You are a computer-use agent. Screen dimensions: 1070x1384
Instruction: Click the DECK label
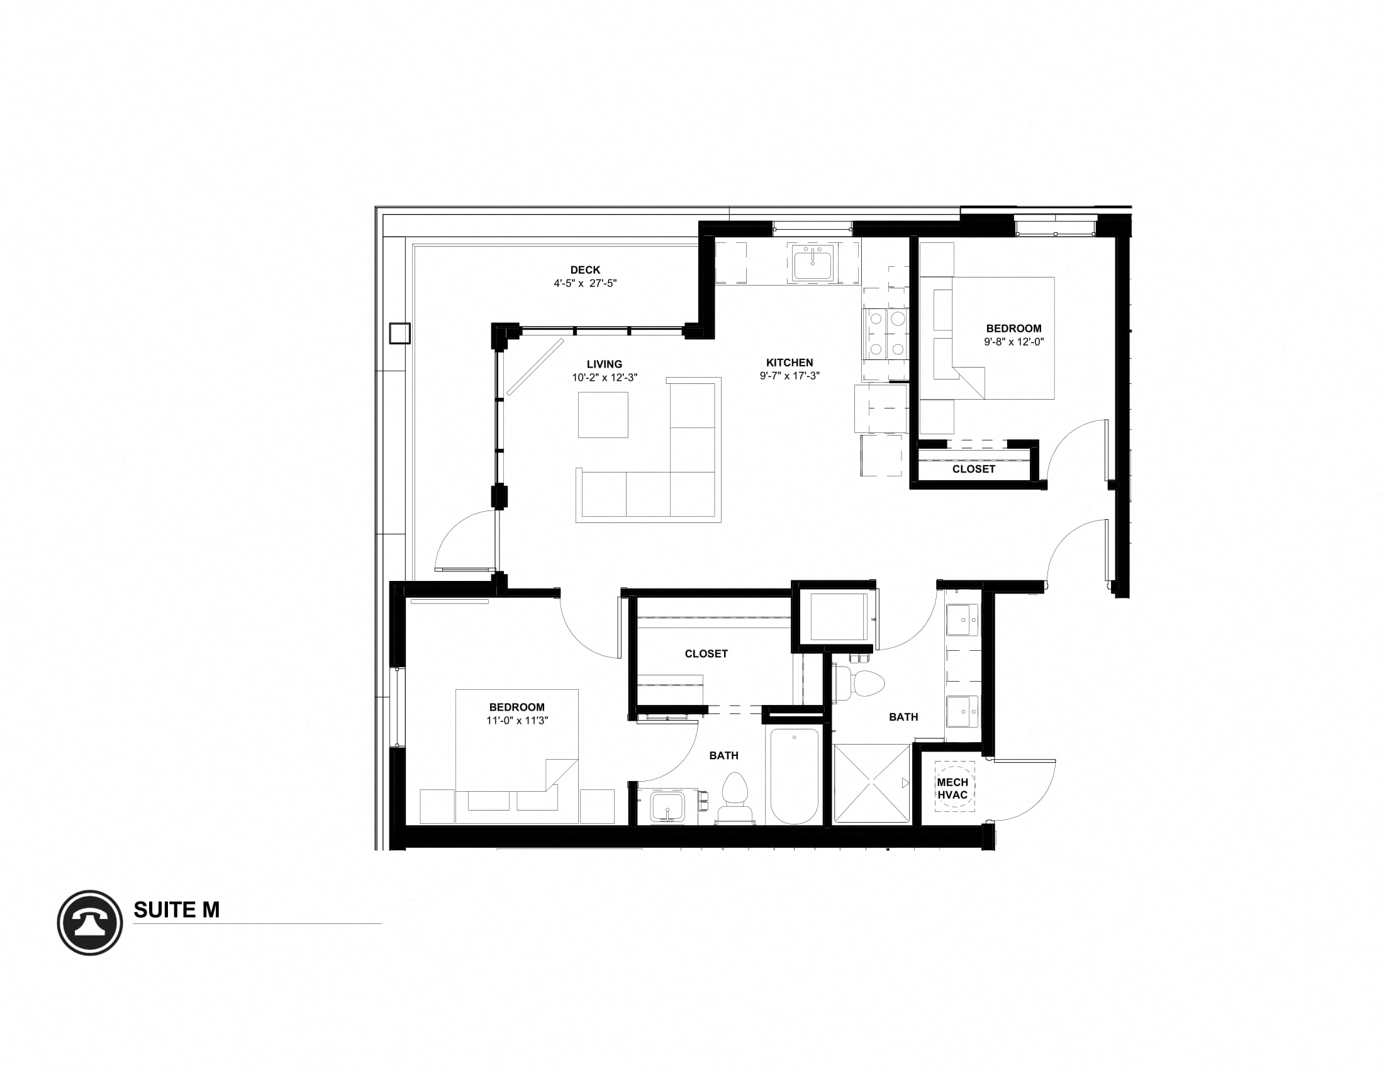(584, 270)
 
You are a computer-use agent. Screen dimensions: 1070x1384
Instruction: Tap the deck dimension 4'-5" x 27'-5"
(584, 283)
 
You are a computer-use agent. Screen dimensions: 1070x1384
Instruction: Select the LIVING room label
(604, 364)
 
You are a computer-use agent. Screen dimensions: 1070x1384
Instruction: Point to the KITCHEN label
(789, 363)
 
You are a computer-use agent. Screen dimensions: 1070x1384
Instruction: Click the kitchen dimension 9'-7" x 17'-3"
(789, 376)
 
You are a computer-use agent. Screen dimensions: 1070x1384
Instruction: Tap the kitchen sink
(812, 262)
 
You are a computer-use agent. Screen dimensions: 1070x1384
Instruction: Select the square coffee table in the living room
(603, 415)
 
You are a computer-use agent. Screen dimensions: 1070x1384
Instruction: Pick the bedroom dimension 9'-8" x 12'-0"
(1013, 342)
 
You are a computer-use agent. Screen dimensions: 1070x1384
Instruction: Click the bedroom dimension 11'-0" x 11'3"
(516, 721)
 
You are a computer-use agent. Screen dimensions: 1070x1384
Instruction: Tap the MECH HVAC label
(952, 789)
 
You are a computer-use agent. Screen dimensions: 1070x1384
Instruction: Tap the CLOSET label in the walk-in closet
(706, 653)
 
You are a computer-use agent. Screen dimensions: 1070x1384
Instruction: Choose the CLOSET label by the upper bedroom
(973, 469)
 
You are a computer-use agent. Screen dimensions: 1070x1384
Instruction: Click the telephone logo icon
(89, 922)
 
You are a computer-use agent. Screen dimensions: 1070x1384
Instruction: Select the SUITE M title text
(176, 909)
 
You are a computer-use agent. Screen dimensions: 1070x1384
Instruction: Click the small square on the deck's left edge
(399, 333)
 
